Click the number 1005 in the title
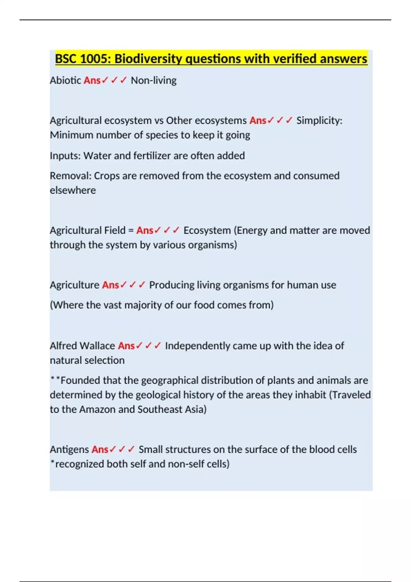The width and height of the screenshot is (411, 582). click(x=94, y=59)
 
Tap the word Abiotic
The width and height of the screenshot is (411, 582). click(x=65, y=80)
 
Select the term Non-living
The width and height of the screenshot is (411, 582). click(x=153, y=80)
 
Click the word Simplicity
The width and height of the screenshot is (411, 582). click(x=318, y=121)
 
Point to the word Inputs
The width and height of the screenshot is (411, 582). click(x=65, y=156)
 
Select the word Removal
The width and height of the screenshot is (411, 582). click(x=70, y=176)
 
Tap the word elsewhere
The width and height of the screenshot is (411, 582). click(x=73, y=190)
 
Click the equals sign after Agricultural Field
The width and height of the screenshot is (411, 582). click(x=131, y=230)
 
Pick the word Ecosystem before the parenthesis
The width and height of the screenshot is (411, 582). click(x=207, y=230)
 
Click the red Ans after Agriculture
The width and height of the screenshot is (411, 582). click(x=110, y=285)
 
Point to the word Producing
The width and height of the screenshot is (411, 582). click(x=172, y=285)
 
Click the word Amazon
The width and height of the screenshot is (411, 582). click(x=97, y=409)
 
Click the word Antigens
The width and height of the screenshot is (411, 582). click(x=69, y=450)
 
